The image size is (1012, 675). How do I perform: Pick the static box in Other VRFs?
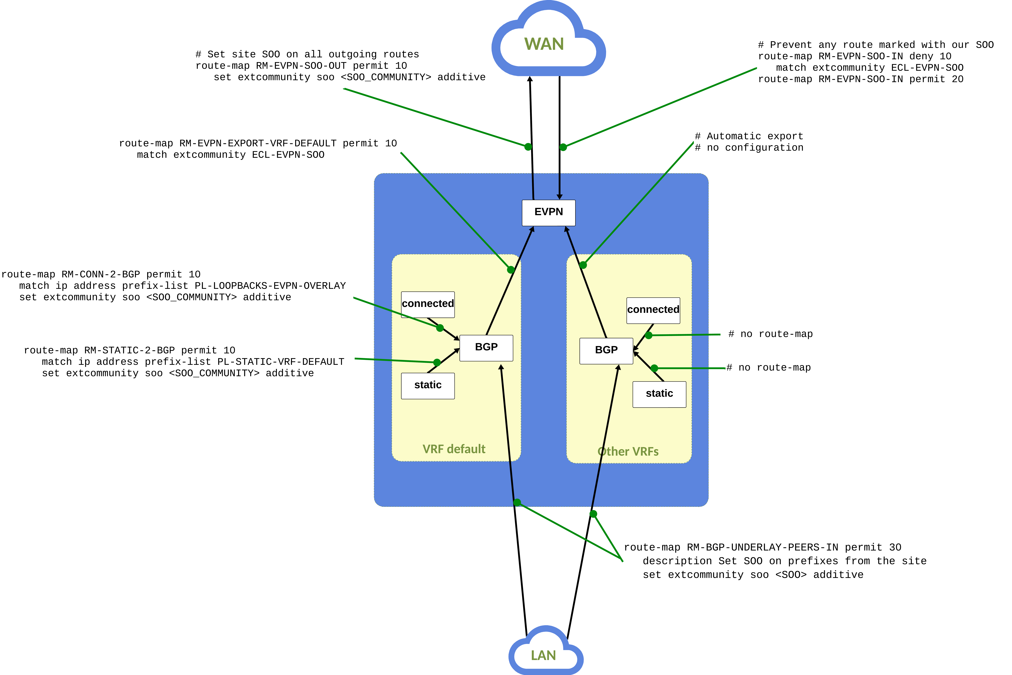[x=659, y=394]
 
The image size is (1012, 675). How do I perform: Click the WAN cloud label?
[x=544, y=44]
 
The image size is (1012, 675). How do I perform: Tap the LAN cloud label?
[x=543, y=655]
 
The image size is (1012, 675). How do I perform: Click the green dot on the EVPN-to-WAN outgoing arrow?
[x=528, y=147]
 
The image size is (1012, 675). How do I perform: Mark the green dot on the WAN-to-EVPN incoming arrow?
[x=563, y=147]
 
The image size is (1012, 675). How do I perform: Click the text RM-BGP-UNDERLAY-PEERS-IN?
[x=762, y=548]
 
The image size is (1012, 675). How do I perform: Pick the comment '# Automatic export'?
[x=749, y=137]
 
